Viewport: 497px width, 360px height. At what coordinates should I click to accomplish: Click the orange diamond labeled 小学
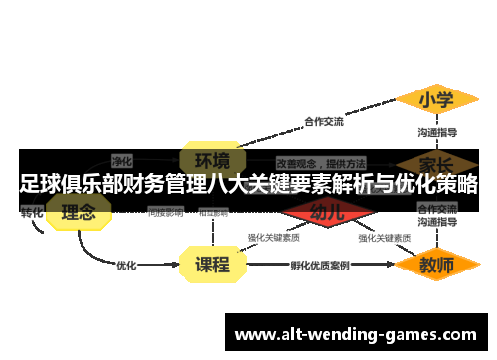(435, 100)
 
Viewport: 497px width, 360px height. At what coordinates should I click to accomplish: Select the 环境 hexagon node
(211, 159)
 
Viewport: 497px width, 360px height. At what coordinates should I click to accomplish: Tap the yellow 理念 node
(79, 212)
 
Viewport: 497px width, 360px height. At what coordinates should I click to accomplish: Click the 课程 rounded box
(211, 266)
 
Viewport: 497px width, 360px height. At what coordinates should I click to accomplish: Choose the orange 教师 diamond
(436, 266)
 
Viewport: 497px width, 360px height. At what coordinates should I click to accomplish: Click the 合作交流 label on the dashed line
(323, 122)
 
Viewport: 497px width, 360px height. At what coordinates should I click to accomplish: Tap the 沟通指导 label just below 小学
(436, 132)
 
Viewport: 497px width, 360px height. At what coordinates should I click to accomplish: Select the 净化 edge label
(122, 159)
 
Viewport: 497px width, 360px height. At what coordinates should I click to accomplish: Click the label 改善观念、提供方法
(320, 161)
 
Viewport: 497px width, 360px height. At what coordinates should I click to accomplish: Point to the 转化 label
(32, 212)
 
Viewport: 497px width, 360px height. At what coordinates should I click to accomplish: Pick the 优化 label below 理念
(126, 266)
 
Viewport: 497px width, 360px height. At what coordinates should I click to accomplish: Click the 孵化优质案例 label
(319, 266)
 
